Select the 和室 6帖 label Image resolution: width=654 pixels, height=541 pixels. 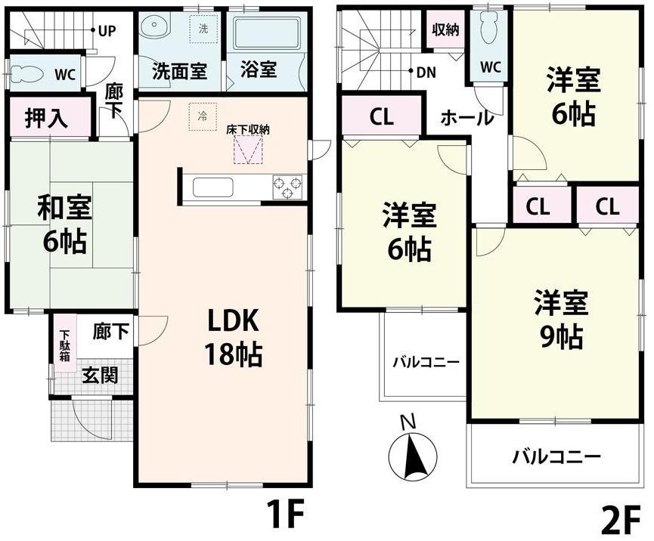tap(61, 227)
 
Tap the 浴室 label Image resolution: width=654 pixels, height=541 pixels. tap(259, 70)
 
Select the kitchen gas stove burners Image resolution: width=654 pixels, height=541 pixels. tap(287, 187)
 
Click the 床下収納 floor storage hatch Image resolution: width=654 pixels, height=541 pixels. tap(248, 150)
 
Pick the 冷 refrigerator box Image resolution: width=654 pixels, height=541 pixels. tap(202, 116)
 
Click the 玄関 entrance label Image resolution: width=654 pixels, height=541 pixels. tap(100, 375)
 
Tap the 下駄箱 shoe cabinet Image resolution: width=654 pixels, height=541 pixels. tap(65, 346)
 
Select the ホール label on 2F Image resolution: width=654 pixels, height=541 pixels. tap(466, 118)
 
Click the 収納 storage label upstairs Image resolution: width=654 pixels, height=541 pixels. tap(445, 30)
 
